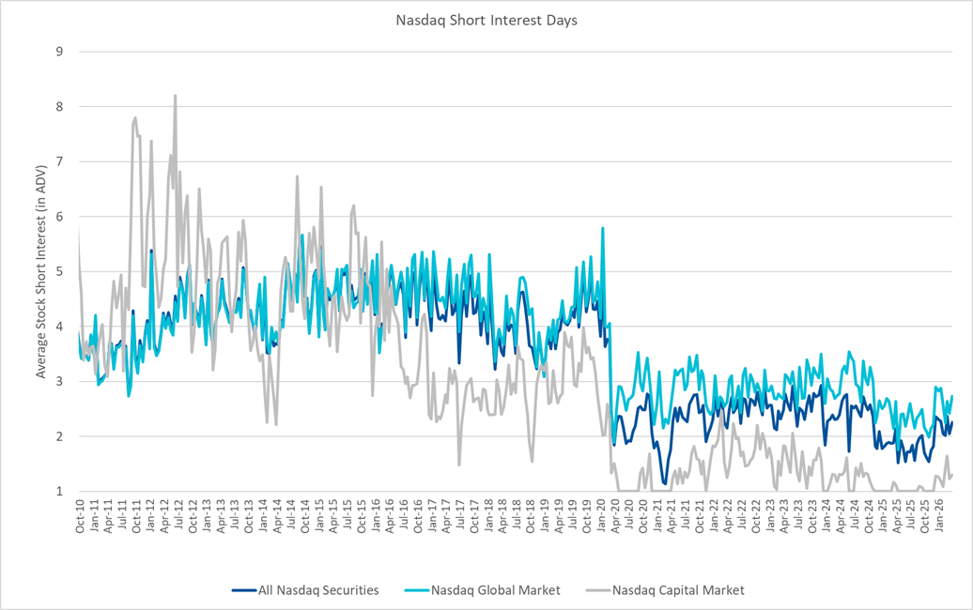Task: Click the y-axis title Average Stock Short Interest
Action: pos(41,271)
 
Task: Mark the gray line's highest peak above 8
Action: pos(175,95)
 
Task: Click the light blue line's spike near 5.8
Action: pos(602,228)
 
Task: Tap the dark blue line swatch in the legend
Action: pos(243,590)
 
